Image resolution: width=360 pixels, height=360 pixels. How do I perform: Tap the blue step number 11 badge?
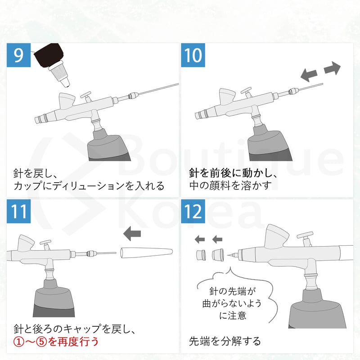click(x=18, y=211)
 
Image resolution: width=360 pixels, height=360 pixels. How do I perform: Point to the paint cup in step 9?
click(x=66, y=101)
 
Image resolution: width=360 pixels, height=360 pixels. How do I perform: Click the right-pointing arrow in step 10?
click(x=332, y=68)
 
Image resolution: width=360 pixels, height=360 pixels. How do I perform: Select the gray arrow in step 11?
click(x=132, y=233)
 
